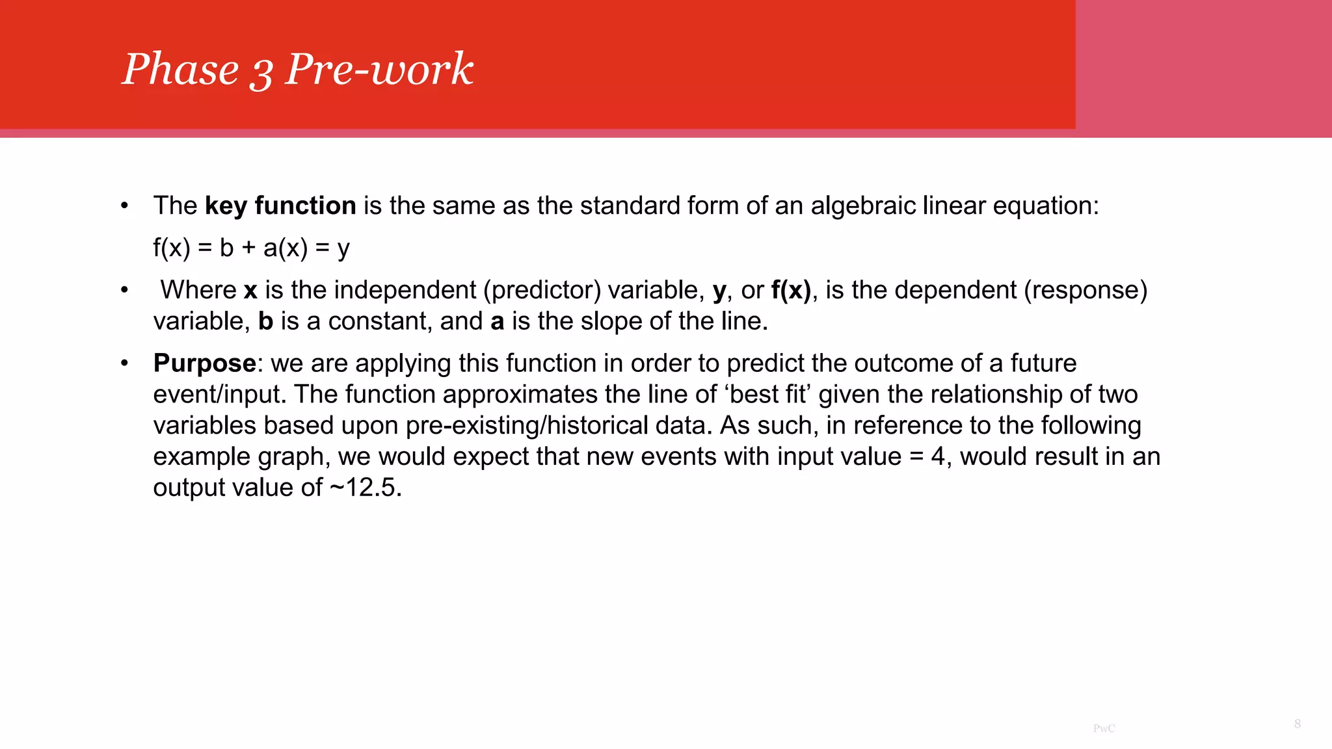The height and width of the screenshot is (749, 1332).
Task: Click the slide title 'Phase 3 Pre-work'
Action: coord(298,69)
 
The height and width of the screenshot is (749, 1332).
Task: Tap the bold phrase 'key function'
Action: coord(280,206)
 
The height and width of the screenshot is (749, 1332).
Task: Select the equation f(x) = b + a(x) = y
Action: coord(251,248)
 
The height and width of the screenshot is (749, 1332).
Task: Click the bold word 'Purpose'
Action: coord(204,363)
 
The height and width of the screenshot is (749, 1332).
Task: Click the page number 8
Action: coord(1298,724)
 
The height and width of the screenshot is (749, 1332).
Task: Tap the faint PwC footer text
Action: coord(1104,728)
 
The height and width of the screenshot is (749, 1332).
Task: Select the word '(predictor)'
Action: coord(542,290)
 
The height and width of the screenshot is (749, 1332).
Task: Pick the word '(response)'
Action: coord(1086,290)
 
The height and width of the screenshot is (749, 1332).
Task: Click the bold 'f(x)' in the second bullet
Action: coord(791,290)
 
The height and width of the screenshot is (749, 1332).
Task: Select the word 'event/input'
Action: coord(220,394)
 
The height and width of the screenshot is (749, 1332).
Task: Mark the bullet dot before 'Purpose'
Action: coord(124,363)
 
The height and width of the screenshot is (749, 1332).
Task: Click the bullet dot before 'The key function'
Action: coord(124,206)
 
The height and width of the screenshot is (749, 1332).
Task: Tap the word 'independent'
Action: coord(405,290)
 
